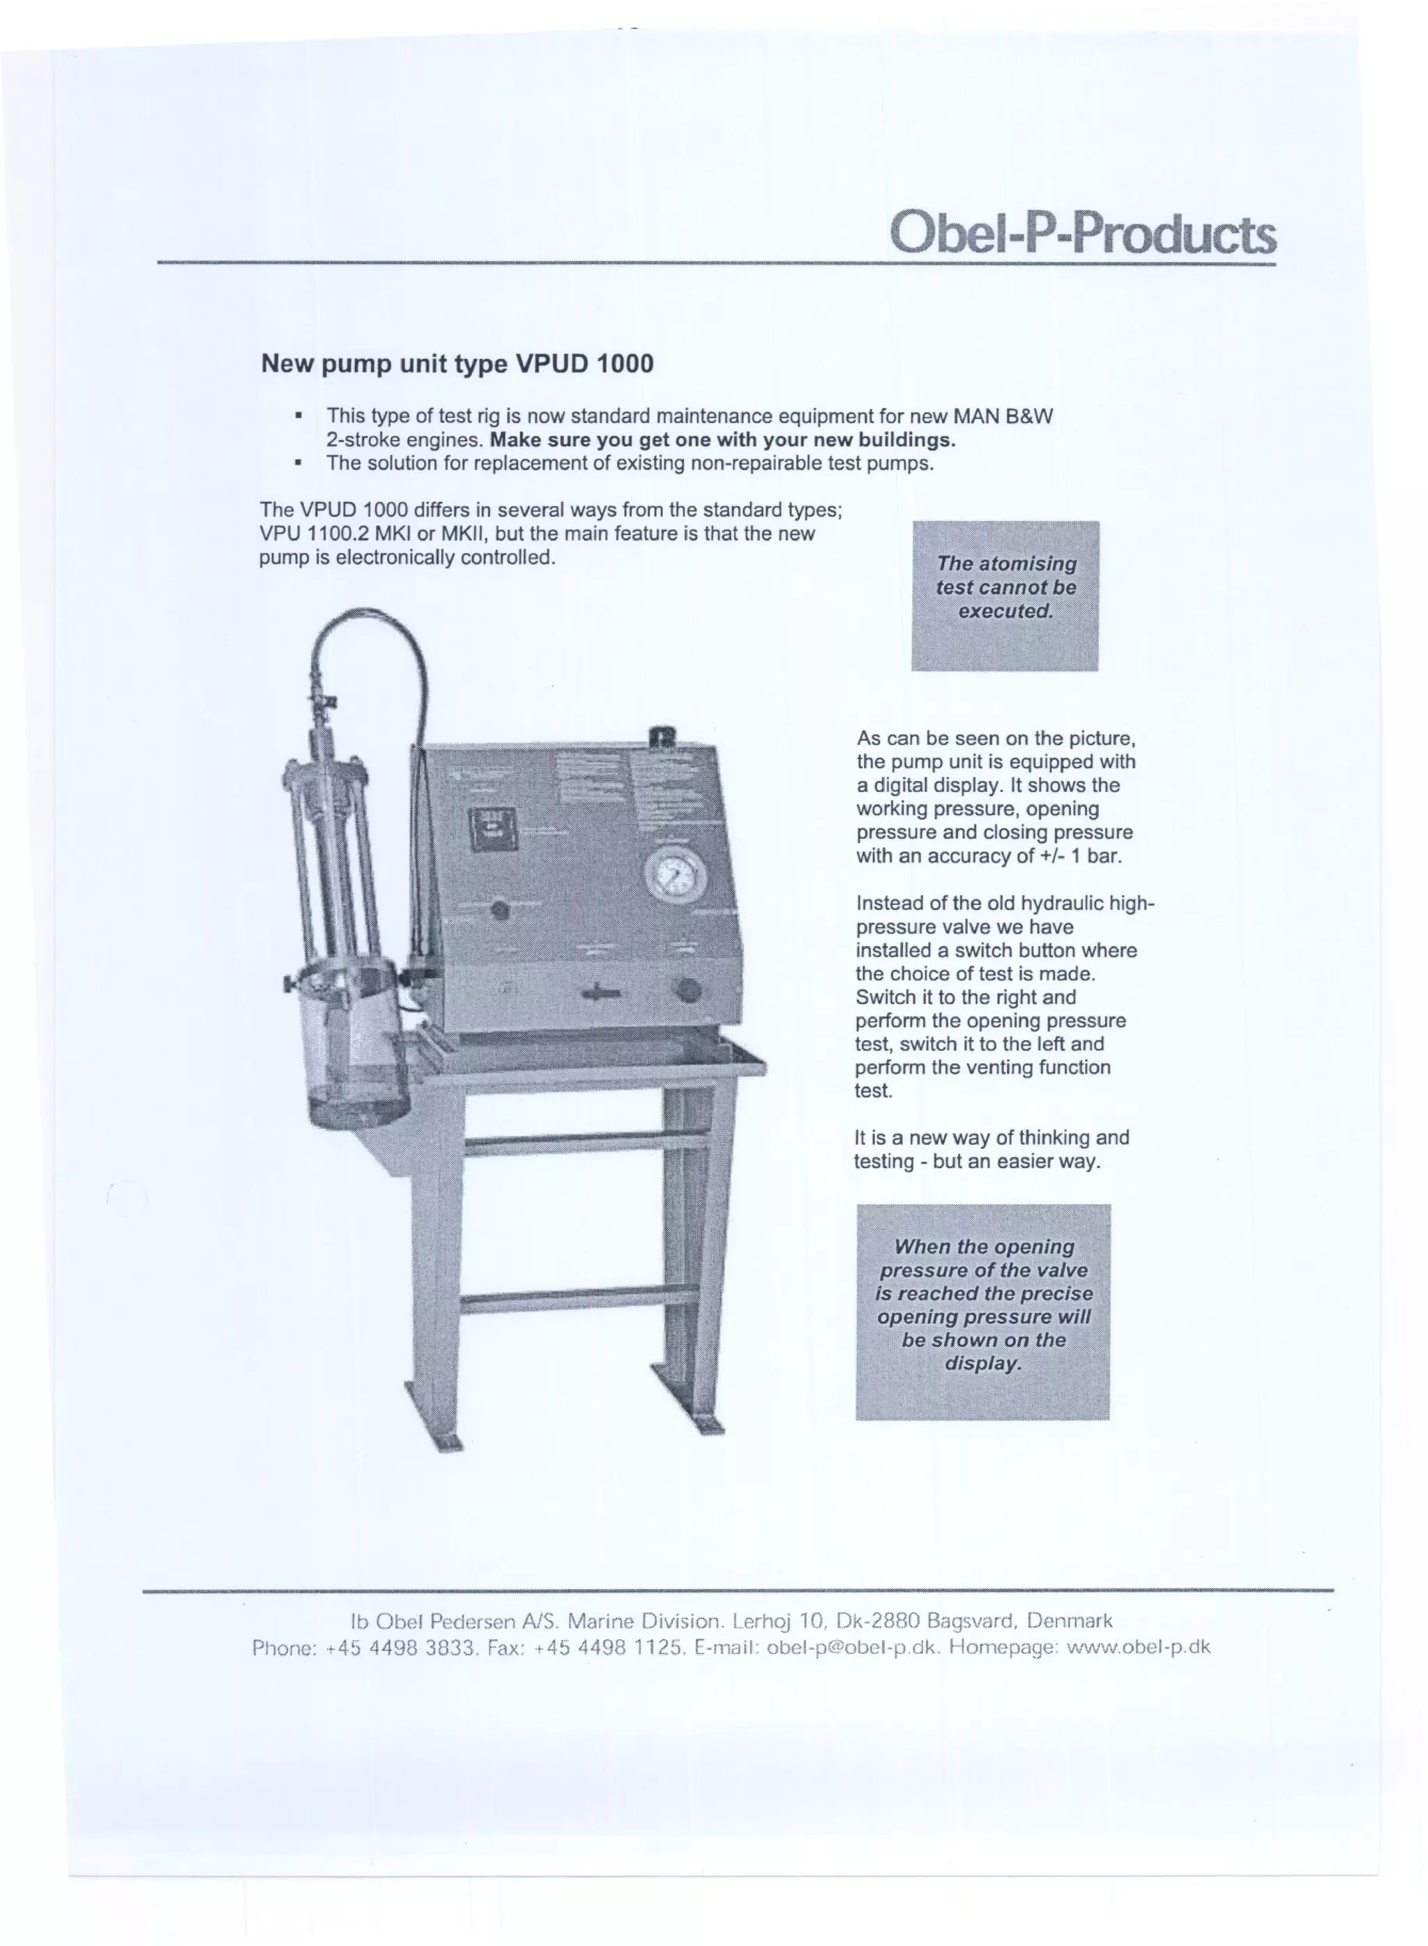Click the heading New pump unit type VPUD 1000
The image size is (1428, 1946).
point(457,364)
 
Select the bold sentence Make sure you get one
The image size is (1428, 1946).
point(722,440)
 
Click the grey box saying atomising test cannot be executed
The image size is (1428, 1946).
point(1005,595)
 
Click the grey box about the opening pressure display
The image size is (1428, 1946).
point(983,1312)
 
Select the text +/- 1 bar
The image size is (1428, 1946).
point(1081,856)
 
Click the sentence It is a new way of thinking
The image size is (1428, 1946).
point(992,1138)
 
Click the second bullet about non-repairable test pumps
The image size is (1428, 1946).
point(630,463)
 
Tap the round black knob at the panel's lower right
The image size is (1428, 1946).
point(686,989)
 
